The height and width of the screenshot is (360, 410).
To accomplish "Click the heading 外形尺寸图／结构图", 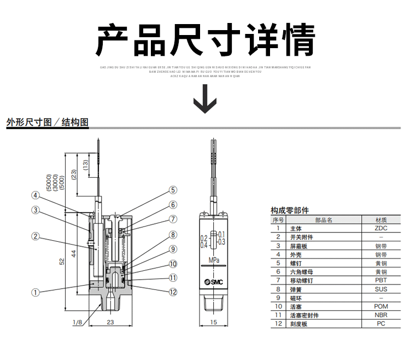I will [x=47, y=122].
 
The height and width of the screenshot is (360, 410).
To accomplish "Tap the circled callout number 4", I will [x=35, y=195].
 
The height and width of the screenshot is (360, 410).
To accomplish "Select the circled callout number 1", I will [x=35, y=292].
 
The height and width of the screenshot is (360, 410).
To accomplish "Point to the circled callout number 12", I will [x=173, y=292].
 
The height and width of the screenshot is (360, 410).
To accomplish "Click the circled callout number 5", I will [x=173, y=190].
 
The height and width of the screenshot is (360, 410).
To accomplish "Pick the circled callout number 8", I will [x=173, y=235].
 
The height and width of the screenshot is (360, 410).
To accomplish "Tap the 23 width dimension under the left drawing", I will [x=110, y=323].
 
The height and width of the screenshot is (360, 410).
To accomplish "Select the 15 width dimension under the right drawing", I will [x=214, y=323].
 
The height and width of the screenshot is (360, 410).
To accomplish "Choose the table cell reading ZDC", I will [x=381, y=228].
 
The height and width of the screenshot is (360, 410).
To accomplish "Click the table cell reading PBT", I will [x=381, y=280].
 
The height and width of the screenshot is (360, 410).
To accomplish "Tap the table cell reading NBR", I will [x=381, y=315].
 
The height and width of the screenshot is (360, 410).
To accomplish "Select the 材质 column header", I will [x=381, y=220].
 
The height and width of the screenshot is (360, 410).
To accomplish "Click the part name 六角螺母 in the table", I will [x=301, y=272].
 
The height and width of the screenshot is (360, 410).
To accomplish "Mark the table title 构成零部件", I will [x=290, y=210].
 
